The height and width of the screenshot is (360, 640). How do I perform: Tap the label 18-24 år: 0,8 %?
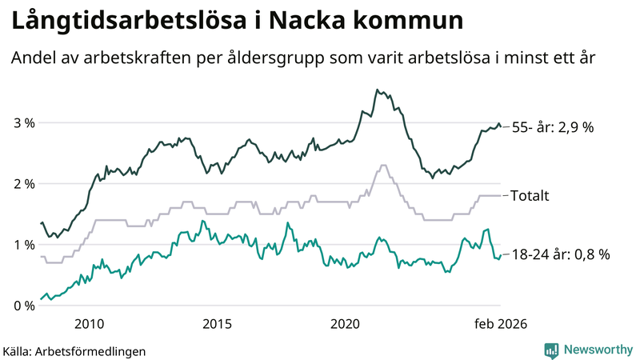click(560, 254)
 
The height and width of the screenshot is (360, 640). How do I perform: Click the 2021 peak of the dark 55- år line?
click(377, 90)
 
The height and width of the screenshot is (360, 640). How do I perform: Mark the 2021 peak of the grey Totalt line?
click(383, 166)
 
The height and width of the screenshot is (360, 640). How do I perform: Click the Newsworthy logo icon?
click(551, 350)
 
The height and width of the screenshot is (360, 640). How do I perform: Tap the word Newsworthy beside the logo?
click(598, 350)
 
